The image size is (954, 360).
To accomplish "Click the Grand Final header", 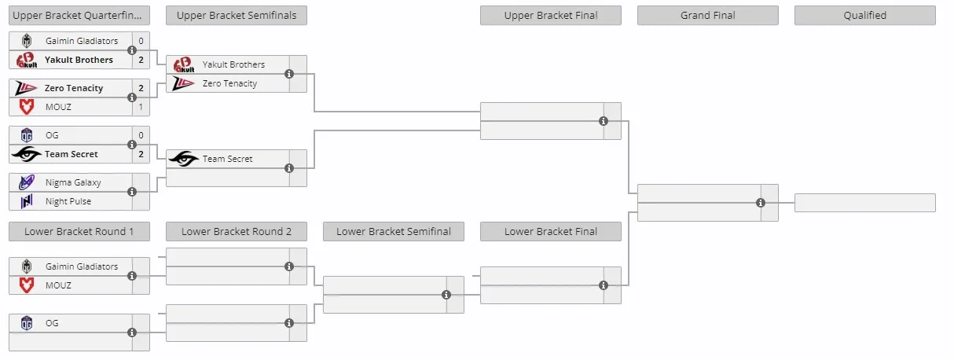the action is (x=707, y=16).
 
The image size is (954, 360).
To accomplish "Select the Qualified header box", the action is (x=864, y=16).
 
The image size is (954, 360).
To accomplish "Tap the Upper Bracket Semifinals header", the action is (x=237, y=16).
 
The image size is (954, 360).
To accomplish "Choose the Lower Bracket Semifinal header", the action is (x=394, y=231).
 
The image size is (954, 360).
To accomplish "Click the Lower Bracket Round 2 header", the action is (x=237, y=231).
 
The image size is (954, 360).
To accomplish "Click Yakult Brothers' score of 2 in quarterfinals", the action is (x=141, y=60).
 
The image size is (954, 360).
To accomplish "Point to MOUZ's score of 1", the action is (x=141, y=107).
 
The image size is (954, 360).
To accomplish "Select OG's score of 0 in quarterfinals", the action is (x=141, y=135).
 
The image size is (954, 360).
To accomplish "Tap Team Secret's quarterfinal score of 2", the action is (x=141, y=154).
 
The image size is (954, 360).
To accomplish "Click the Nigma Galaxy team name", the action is (x=73, y=182).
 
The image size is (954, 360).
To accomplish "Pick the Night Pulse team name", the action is (x=68, y=201).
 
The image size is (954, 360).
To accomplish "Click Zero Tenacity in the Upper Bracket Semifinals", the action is (x=229, y=83).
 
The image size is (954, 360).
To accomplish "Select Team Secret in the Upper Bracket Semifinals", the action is (x=227, y=159).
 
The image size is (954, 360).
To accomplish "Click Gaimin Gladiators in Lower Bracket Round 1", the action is (x=82, y=266).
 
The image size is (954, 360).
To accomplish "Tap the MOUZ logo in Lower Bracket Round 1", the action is (x=27, y=285).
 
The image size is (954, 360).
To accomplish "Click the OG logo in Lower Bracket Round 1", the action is (x=27, y=323).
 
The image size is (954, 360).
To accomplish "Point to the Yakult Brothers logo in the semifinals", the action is (x=184, y=64).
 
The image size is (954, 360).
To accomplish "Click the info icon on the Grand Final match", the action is (x=761, y=203).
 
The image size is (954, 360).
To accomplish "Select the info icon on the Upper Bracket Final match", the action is (x=604, y=121).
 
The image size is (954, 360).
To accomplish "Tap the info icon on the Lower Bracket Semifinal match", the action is (x=446, y=295).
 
